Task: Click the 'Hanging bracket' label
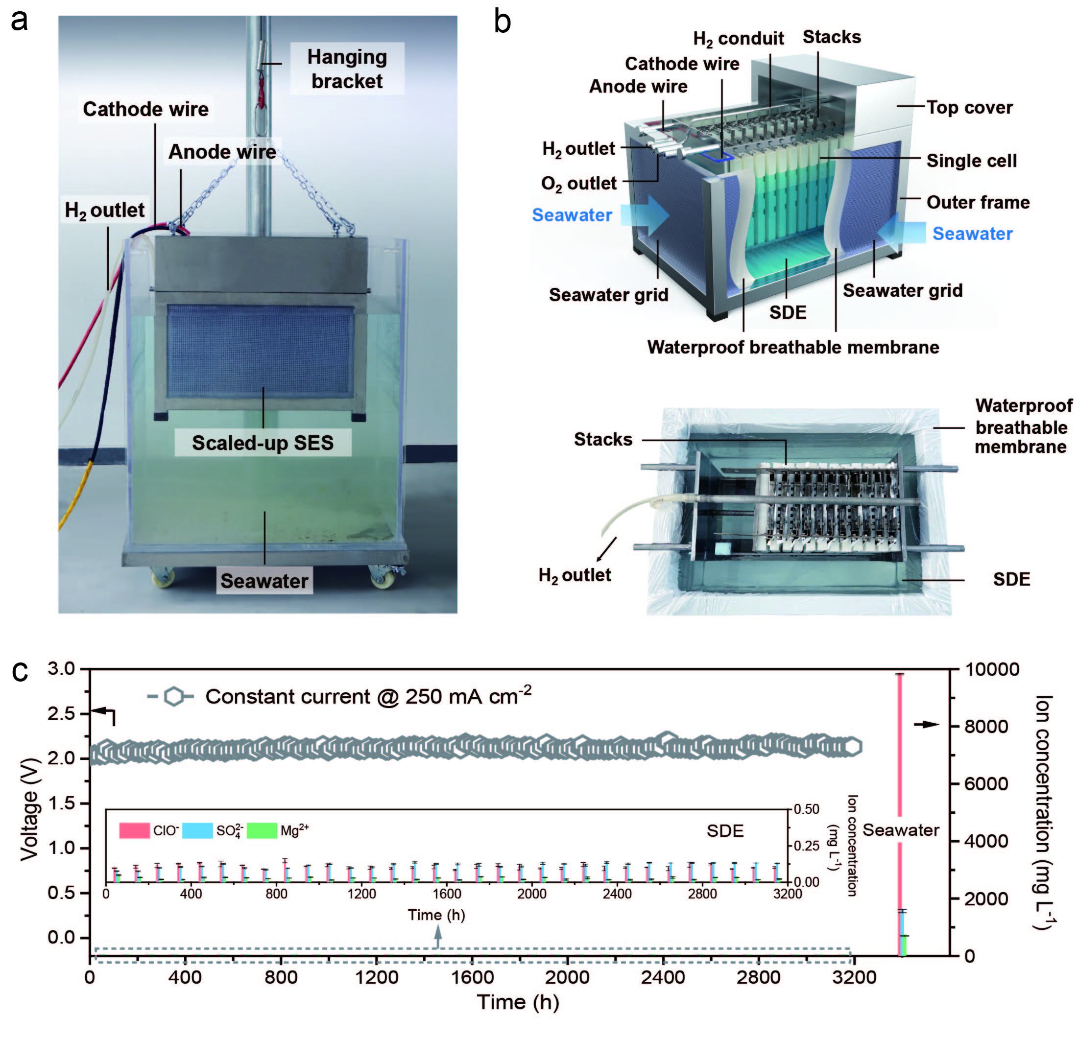coord(347,69)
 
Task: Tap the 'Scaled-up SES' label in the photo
coord(263,443)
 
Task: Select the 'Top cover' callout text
coord(969,107)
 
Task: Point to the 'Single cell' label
coord(971,161)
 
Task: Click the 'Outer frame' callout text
coord(977,202)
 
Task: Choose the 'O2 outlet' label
coord(578,183)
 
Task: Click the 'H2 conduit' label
coord(738,39)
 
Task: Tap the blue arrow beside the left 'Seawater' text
coord(646,215)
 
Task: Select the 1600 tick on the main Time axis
coord(472,977)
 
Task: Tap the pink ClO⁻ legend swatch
coord(134,830)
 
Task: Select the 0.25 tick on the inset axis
coord(807,846)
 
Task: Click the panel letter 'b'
coord(502,22)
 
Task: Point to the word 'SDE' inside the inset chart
coord(725,830)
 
